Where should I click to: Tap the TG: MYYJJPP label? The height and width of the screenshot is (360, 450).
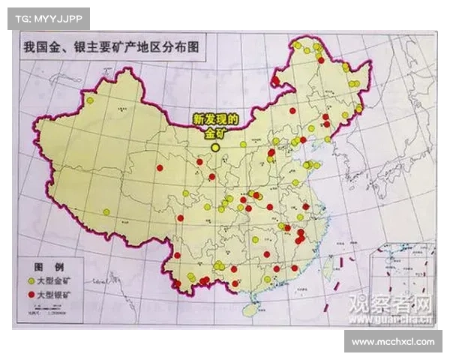pyautogui.click(x=48, y=17)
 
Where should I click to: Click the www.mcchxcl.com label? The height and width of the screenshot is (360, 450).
pyautogui.click(x=392, y=341)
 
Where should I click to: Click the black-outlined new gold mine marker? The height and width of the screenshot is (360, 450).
pyautogui.click(x=216, y=148)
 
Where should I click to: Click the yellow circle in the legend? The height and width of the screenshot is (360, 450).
pyautogui.click(x=31, y=280)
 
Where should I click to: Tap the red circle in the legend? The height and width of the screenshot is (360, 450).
pyautogui.click(x=31, y=295)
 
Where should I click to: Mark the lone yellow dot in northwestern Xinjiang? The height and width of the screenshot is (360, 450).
pyautogui.click(x=90, y=100)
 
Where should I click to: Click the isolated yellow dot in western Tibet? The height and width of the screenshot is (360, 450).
pyautogui.click(x=106, y=211)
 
